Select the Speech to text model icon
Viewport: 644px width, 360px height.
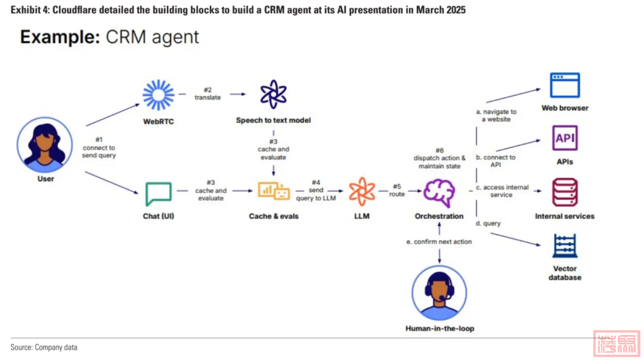[x=273, y=94]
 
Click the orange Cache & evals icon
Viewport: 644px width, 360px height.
[x=273, y=191]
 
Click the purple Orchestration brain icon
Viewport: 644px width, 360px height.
[x=439, y=192]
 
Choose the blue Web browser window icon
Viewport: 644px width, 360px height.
[x=565, y=85]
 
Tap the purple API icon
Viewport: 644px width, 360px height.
[x=565, y=138]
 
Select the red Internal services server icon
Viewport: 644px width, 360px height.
[x=565, y=193]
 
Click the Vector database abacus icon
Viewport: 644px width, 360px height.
[x=565, y=246]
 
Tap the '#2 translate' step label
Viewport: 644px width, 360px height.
[x=208, y=94]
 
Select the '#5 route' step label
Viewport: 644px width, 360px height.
[x=397, y=190]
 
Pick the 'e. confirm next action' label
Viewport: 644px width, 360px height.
[x=439, y=241]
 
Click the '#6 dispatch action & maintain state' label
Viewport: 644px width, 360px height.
[x=439, y=158]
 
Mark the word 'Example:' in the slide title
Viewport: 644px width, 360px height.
[x=58, y=37]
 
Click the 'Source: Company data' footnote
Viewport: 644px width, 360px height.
[x=44, y=347]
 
